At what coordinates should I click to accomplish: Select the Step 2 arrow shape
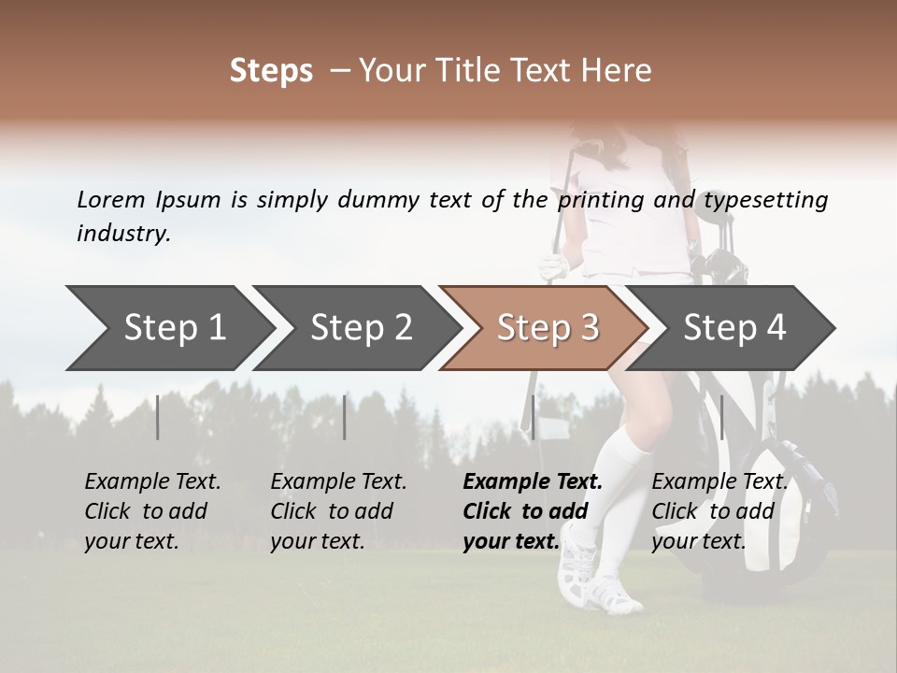(360, 328)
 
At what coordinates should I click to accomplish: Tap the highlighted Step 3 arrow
(547, 328)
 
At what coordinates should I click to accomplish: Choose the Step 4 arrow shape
(733, 328)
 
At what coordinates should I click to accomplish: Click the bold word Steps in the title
(271, 71)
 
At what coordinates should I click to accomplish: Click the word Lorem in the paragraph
(110, 199)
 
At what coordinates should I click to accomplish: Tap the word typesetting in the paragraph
(765, 200)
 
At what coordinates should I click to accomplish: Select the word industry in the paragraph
(122, 233)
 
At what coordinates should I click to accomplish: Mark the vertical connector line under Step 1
(158, 417)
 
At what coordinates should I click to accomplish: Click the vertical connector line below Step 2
(345, 417)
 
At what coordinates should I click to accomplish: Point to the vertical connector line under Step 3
(534, 417)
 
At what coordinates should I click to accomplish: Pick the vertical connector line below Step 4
(722, 417)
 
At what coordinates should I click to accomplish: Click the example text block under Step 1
(152, 511)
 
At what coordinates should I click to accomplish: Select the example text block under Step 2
(338, 511)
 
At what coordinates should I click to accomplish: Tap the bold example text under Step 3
(533, 511)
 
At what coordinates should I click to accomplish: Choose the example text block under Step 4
(719, 511)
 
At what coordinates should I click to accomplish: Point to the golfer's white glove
(554, 267)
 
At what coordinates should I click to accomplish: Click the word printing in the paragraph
(592, 200)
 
